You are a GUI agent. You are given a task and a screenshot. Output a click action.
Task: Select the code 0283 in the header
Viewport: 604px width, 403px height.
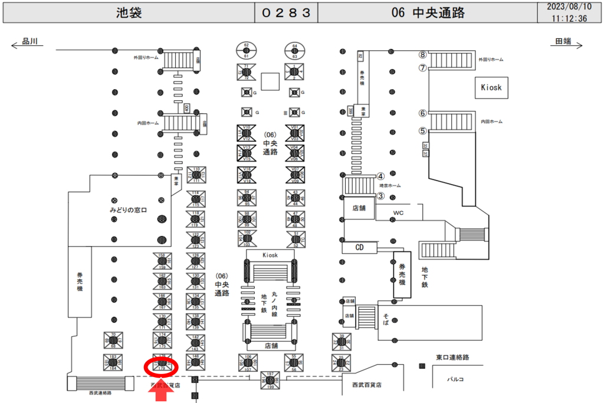coord(286,13)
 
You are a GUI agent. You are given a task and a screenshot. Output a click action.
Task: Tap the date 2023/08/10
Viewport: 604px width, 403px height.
coord(569,7)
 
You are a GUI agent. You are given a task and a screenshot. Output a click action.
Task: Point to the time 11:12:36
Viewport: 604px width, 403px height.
coord(569,18)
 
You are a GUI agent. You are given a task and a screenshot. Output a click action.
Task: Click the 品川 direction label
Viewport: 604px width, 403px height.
coord(29,42)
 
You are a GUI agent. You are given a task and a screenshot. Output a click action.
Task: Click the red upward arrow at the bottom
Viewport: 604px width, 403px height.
coord(161,392)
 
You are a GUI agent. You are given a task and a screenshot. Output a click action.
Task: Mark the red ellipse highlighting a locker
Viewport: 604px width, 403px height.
coord(161,366)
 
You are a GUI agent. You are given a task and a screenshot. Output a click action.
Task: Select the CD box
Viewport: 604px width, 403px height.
coord(359,248)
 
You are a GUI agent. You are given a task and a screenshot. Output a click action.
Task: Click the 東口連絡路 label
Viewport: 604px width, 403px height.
coord(452,357)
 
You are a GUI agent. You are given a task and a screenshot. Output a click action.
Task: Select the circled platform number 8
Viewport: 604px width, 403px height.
coord(422,54)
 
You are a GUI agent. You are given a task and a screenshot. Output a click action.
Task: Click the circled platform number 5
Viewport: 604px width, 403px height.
coord(422,131)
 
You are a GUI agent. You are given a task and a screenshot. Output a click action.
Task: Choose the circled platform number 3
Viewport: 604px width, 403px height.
coord(381,196)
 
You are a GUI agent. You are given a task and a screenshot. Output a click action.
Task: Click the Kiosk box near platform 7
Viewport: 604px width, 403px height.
coord(491,87)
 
